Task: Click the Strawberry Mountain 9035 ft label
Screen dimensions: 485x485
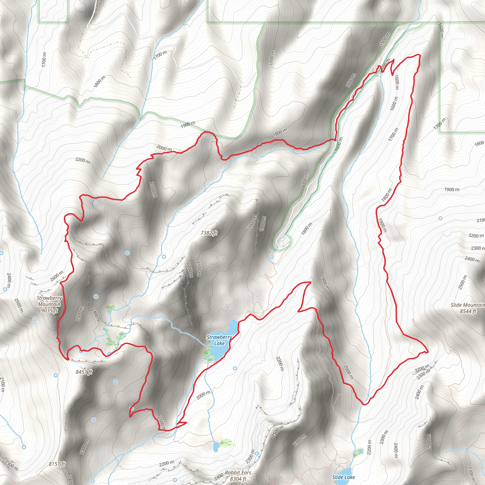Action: pos(49,304)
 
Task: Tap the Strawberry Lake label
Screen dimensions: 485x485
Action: pos(219,340)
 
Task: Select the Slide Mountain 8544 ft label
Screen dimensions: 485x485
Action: pos(468,308)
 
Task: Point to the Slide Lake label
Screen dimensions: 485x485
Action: pos(343,477)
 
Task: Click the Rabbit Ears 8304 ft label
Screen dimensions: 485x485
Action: pos(238,476)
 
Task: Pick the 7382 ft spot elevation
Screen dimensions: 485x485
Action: pos(209,233)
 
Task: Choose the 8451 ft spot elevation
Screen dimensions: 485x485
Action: pos(84,372)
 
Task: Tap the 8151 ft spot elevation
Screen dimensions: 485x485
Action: pos(57,464)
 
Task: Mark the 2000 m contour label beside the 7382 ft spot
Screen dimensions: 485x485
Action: pos(252,222)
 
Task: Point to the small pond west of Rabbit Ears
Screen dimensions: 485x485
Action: pos(216,447)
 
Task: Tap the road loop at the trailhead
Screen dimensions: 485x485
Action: pos(282,243)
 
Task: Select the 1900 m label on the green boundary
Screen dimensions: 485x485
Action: pos(188,124)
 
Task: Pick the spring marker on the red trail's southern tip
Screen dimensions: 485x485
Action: pos(131,409)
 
